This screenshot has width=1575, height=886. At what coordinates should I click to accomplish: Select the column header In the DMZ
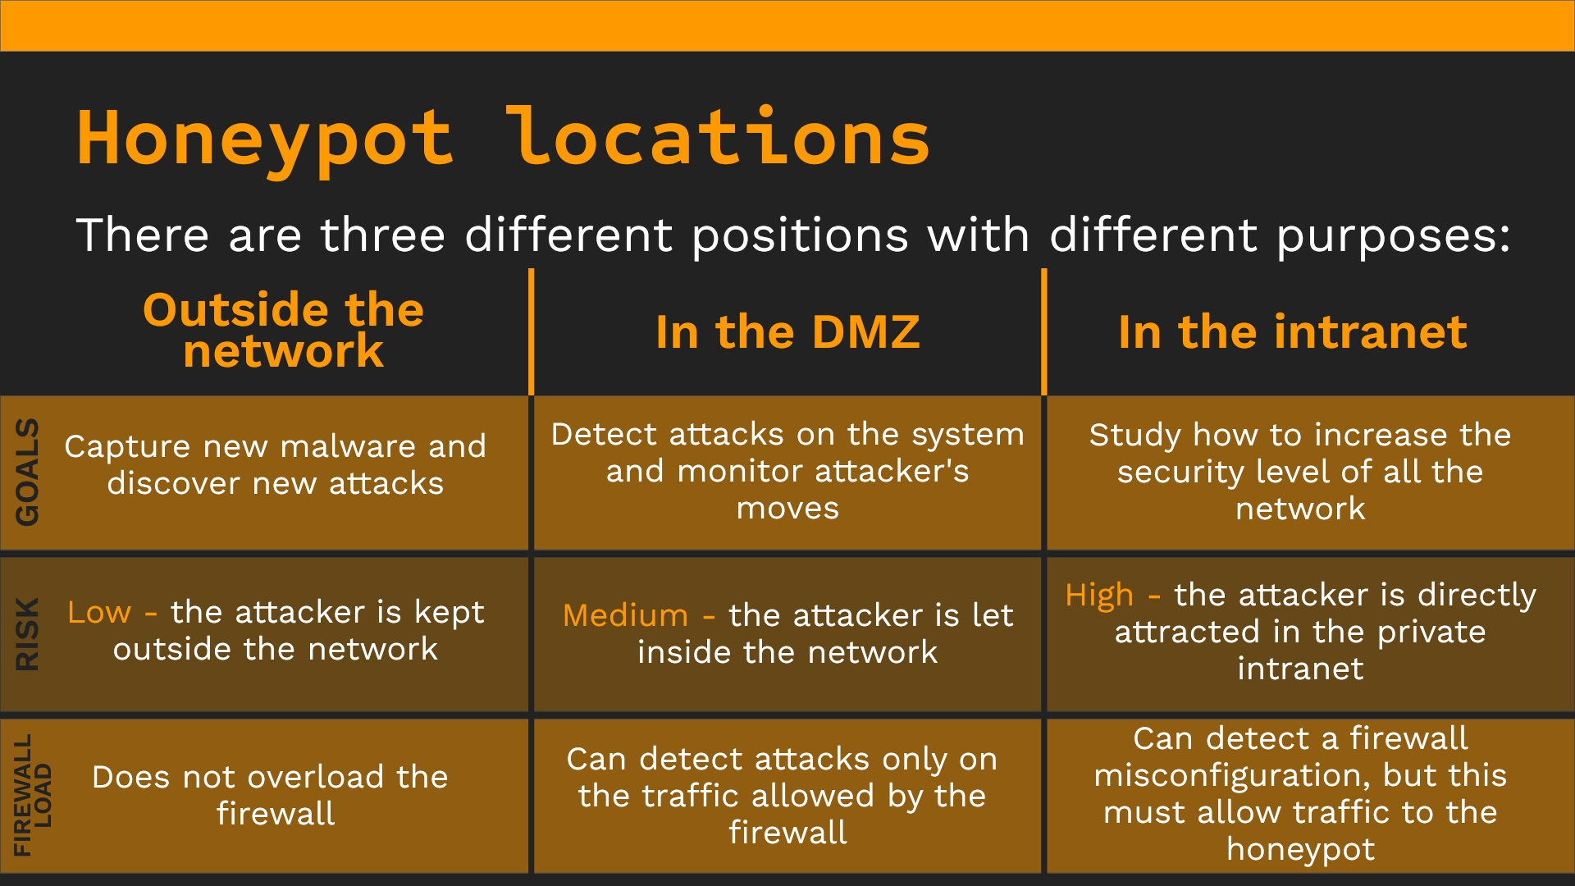point(787,332)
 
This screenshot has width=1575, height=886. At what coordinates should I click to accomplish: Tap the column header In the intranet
point(1293,332)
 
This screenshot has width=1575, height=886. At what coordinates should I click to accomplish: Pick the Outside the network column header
point(284,331)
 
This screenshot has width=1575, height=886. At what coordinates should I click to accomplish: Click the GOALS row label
point(27,472)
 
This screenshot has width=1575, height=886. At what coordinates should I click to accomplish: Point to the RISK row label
point(27,634)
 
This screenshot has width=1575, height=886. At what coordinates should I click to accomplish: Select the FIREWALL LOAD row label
point(33,795)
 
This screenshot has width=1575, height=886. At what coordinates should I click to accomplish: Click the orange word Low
point(99,612)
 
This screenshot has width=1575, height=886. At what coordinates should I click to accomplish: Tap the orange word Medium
point(625,615)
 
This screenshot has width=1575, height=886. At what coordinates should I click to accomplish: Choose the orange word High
point(1099,596)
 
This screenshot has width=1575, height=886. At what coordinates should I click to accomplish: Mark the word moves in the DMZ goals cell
point(787,509)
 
